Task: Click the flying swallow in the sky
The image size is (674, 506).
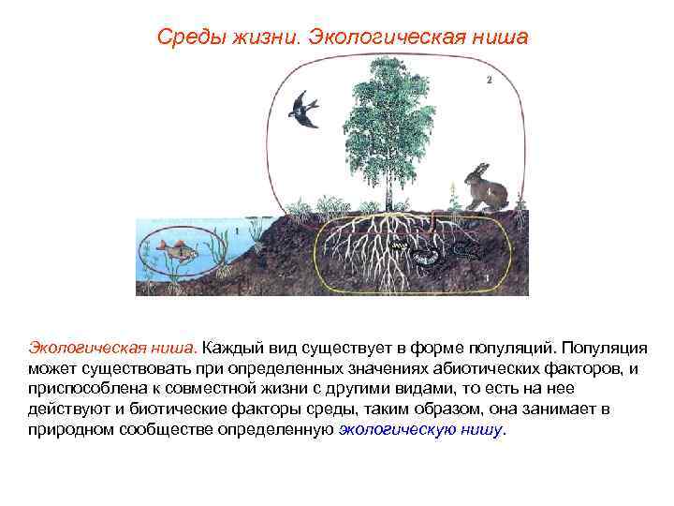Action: [x=304, y=108]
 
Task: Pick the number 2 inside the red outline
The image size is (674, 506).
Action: [x=489, y=80]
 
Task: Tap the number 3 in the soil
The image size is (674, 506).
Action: [x=489, y=277]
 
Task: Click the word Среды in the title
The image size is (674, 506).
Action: [x=184, y=37]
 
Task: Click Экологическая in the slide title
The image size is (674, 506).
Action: [x=370, y=37]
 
